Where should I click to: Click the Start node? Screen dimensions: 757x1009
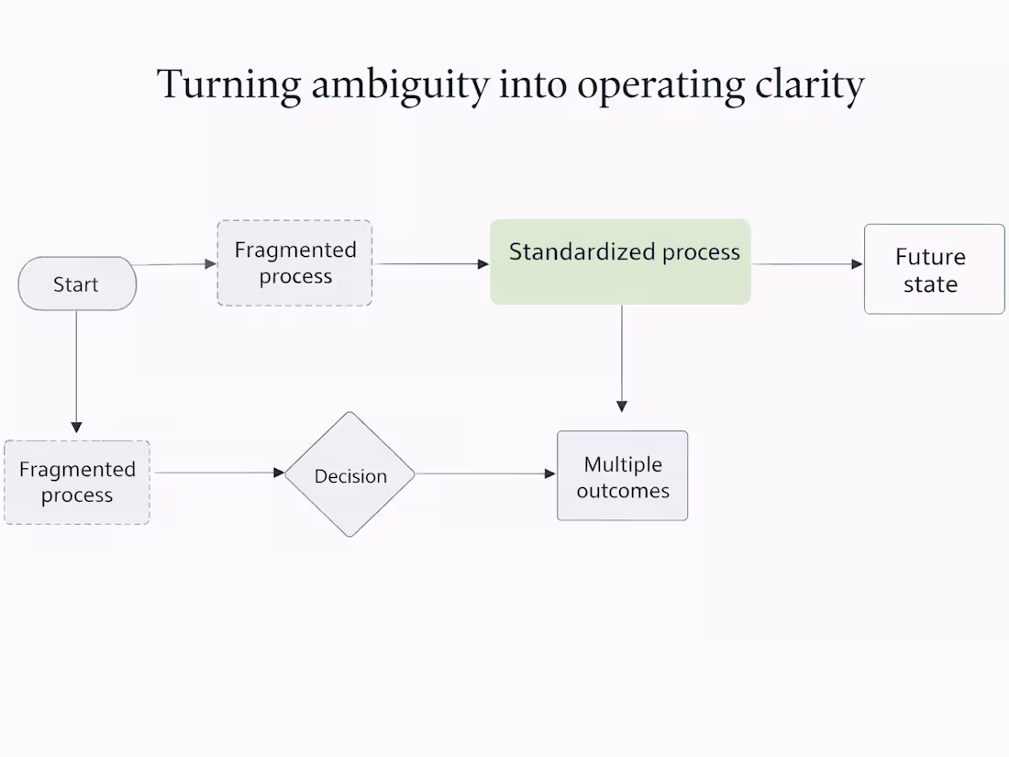tap(77, 284)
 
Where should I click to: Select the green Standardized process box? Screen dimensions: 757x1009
tap(620, 262)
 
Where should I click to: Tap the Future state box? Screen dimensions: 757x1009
tap(934, 269)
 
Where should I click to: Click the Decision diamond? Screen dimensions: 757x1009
tap(349, 474)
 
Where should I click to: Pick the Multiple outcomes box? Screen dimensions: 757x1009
tap(622, 475)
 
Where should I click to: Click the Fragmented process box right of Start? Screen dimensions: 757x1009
tap(294, 262)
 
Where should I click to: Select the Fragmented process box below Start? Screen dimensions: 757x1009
tap(77, 482)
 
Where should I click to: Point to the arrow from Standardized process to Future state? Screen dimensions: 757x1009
tap(806, 264)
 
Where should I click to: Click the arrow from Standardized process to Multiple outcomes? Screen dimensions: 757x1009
tap(622, 358)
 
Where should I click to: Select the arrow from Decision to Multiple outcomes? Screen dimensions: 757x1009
tap(485, 473)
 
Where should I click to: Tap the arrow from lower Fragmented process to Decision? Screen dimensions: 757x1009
tap(217, 473)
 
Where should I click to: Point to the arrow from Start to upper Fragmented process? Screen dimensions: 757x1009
tap(175, 264)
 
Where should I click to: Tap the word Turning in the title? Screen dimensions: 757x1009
tap(228, 85)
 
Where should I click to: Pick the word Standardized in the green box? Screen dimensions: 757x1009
tap(582, 251)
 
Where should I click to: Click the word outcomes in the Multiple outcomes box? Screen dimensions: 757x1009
tap(623, 491)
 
